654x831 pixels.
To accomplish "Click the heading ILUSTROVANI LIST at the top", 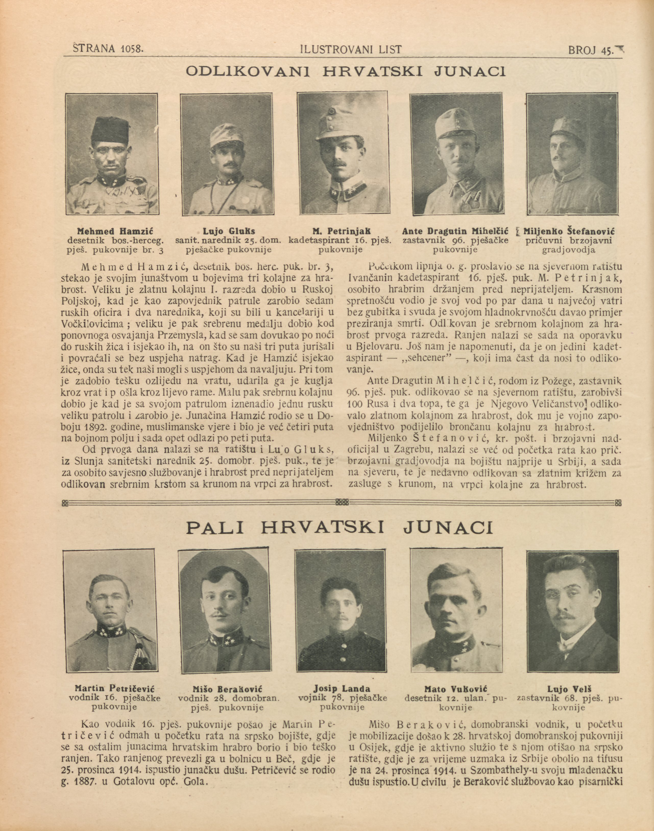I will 351,49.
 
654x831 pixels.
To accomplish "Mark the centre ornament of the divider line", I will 342,502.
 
